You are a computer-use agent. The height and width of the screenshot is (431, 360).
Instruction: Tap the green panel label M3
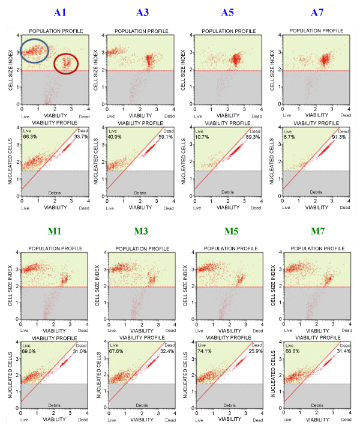(143, 234)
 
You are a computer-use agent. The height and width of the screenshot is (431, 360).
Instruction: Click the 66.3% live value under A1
(29, 136)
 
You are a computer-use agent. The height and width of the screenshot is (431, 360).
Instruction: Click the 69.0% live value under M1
(29, 351)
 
